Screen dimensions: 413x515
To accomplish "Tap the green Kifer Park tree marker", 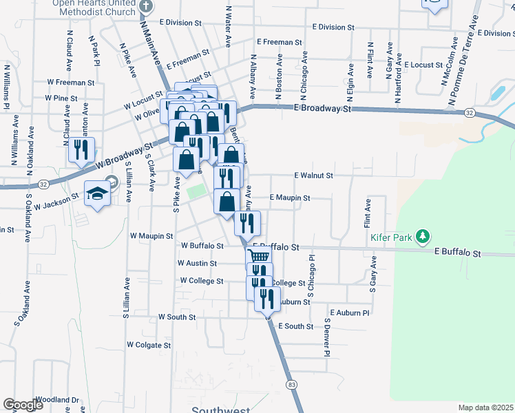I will [x=423, y=237].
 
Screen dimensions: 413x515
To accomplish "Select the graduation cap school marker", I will [x=96, y=193].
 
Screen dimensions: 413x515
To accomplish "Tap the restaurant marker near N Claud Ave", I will [x=82, y=150].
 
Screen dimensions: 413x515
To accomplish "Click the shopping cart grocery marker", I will [x=258, y=257].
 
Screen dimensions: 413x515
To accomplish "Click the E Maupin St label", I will [x=290, y=198].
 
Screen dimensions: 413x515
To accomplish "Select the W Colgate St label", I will [x=148, y=345].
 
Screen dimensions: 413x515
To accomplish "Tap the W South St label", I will [x=177, y=317].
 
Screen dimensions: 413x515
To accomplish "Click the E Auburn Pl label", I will [x=350, y=312].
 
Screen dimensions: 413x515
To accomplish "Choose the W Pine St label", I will [x=61, y=98].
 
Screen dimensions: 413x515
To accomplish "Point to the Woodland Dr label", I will [x=58, y=399].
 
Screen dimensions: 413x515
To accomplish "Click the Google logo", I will [x=23, y=405].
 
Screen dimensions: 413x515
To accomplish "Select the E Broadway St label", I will [x=322, y=108].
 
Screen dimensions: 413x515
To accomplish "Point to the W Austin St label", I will [x=197, y=263].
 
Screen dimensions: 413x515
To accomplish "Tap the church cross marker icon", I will [x=145, y=6].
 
